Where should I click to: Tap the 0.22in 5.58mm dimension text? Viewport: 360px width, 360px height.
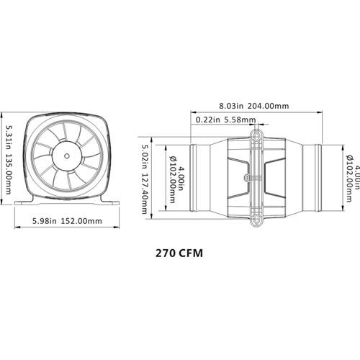pos(219,120)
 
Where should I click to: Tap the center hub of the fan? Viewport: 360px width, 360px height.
pos(67,155)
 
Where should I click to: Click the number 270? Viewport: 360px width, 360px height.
pos(166,254)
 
